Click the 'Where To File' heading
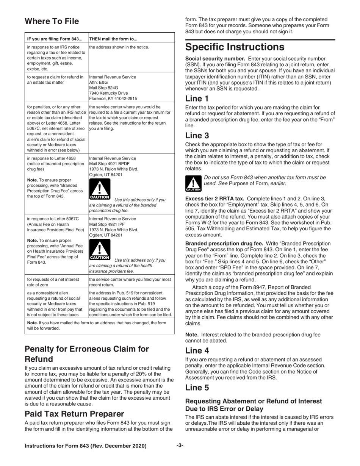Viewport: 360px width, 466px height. click(x=52, y=21)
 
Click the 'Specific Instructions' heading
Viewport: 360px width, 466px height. click(x=235, y=47)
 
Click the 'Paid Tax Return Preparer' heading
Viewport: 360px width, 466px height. click(x=74, y=414)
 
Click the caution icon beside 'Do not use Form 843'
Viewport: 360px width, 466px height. click(x=193, y=183)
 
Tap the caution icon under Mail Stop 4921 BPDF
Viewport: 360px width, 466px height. click(x=99, y=190)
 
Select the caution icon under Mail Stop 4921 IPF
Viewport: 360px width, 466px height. click(x=99, y=250)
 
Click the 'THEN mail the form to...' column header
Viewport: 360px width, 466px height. click(x=113, y=39)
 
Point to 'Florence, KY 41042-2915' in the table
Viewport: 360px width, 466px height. click(x=113, y=99)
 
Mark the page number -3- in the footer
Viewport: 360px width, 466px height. click(x=180, y=446)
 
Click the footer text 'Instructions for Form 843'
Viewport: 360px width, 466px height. click(x=85, y=446)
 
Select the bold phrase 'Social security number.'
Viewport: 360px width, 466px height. click(x=213, y=59)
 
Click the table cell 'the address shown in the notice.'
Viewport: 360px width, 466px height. click(x=119, y=47)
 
